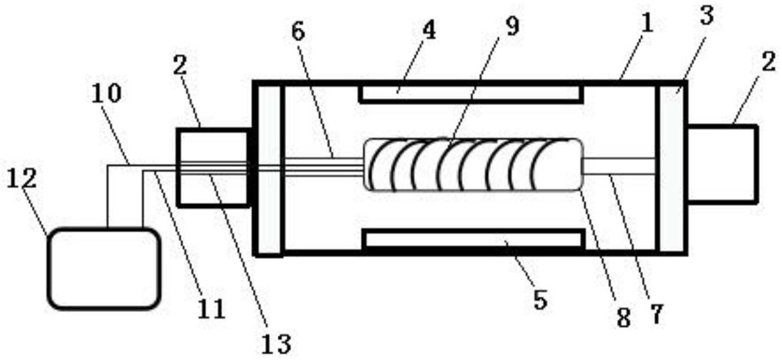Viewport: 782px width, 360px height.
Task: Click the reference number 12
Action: coord(23,179)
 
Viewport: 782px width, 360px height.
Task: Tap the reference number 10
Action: coord(106,94)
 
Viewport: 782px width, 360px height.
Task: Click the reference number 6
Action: coord(298,32)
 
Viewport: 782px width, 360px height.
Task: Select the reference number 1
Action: coord(647,23)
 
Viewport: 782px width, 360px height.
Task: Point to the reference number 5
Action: coord(540,300)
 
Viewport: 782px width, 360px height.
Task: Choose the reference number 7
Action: coord(655,314)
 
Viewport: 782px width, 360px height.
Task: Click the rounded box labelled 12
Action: coord(103,268)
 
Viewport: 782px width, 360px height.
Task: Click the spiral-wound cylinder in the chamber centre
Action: coord(473,164)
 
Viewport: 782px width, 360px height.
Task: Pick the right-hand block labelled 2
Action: coord(721,163)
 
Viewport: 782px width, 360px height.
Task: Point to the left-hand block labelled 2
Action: coord(213,167)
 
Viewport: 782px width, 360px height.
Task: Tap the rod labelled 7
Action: coord(619,166)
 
